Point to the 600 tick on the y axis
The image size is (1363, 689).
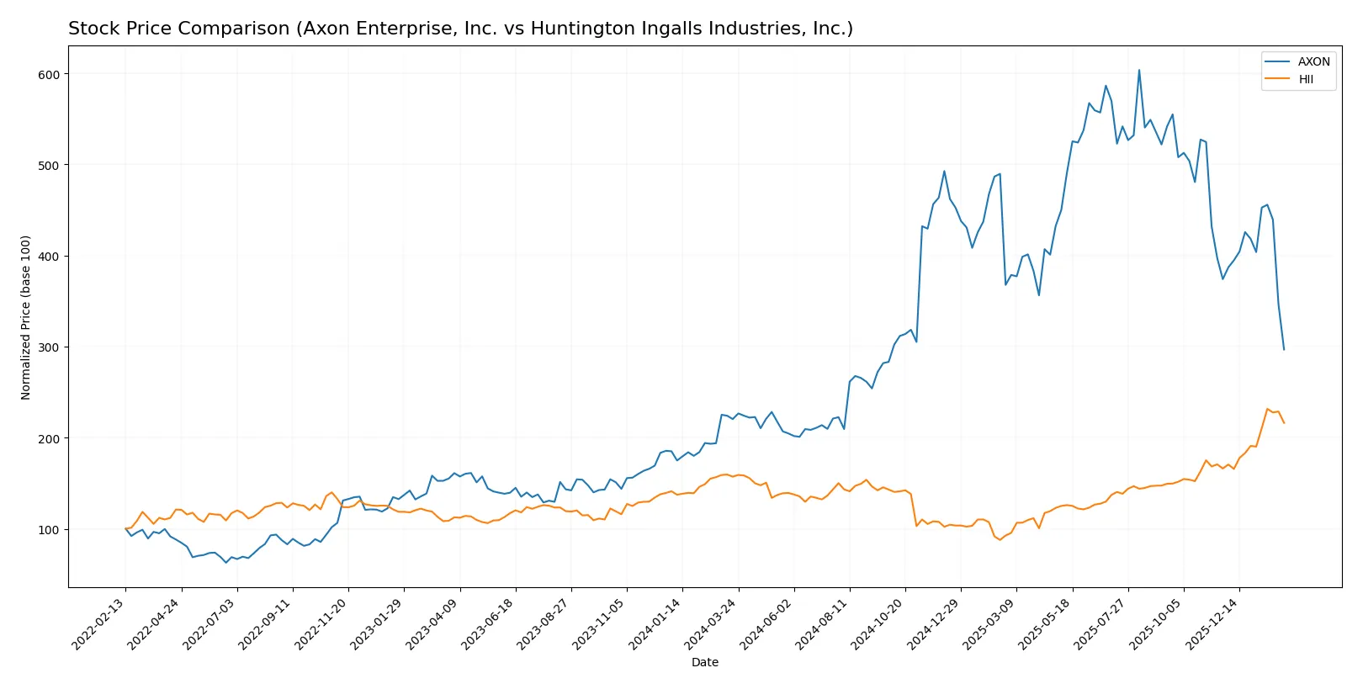[x=49, y=74]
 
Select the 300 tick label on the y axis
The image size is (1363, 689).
[x=49, y=347]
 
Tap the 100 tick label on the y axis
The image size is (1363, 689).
[x=49, y=529]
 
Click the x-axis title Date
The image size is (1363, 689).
[x=704, y=662]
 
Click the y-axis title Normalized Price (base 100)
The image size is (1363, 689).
[x=26, y=317]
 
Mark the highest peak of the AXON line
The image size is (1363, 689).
[x=1139, y=70]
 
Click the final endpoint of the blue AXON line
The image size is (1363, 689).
[x=1284, y=349]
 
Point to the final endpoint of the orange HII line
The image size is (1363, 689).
[x=1284, y=422]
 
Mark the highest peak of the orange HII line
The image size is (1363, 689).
[x=1267, y=409]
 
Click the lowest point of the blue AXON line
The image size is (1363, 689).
[x=225, y=562]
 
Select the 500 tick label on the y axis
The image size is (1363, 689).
[x=49, y=165]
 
